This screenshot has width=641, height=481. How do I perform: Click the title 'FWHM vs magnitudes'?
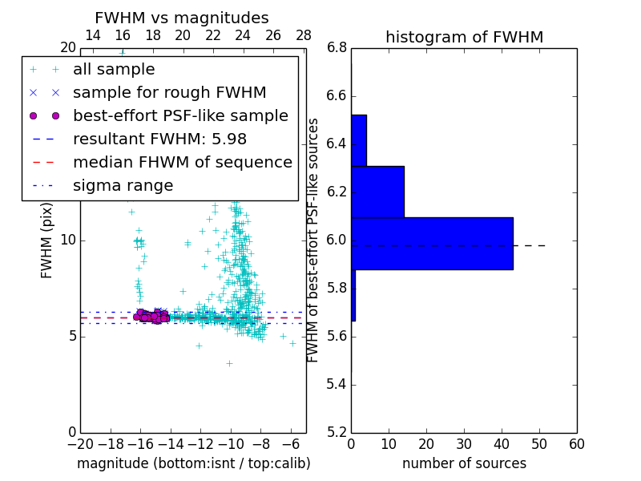tap(182, 18)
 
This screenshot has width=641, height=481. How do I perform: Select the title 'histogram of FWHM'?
tap(464, 37)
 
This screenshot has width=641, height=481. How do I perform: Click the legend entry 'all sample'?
tap(114, 70)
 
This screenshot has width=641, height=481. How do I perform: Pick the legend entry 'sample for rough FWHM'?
tap(169, 93)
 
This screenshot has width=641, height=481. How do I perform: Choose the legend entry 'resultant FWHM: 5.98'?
tap(159, 139)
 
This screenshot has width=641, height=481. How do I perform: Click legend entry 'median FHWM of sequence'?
tap(183, 163)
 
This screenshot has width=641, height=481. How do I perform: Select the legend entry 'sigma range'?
tap(123, 186)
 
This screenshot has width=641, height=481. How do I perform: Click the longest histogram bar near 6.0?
tap(432, 243)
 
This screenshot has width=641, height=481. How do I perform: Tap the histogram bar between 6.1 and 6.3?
tap(377, 192)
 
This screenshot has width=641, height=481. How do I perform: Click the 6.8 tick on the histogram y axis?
tap(337, 48)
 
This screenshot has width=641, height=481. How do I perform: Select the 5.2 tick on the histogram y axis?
tap(337, 432)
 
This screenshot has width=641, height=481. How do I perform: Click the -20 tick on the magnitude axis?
tap(80, 444)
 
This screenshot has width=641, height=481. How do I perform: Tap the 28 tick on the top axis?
tap(304, 35)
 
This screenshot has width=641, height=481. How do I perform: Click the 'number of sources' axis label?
tap(464, 463)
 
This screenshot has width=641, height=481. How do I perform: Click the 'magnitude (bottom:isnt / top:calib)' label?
tap(193, 463)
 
